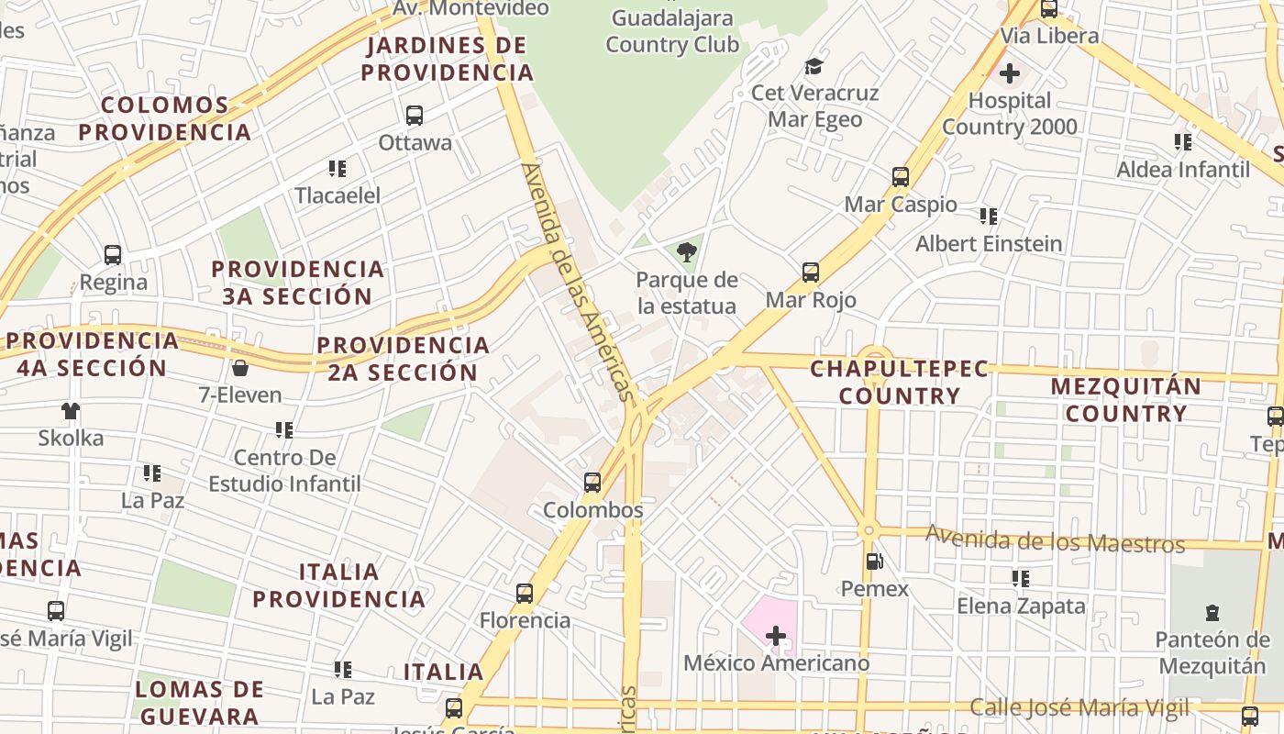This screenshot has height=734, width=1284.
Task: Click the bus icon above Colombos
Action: (592, 482)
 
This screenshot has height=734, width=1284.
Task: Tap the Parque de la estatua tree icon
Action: (686, 252)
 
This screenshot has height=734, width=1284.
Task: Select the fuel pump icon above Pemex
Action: (874, 561)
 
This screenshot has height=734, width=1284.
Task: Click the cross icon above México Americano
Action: (776, 634)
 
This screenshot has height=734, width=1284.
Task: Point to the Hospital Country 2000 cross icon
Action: (1010, 72)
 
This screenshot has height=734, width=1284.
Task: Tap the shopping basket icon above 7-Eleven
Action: (240, 368)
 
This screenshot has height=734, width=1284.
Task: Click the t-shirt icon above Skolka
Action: (71, 410)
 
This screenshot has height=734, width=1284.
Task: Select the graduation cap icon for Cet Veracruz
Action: (814, 66)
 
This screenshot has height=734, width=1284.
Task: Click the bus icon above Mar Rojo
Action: (811, 272)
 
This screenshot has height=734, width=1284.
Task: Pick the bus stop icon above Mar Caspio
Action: (901, 176)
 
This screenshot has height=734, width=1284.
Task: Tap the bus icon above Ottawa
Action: (415, 115)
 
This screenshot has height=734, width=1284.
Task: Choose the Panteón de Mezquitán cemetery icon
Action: (1212, 612)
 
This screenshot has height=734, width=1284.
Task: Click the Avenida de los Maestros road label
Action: (1055, 539)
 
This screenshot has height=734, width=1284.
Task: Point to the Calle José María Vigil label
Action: (1079, 707)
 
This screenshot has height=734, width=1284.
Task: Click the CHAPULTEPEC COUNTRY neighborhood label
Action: (900, 383)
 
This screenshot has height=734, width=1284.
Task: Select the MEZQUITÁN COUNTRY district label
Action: (1126, 400)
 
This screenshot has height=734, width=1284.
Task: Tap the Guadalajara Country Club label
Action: (672, 31)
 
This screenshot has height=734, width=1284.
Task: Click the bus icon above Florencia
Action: (525, 593)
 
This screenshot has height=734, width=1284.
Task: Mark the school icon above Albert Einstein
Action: (988, 216)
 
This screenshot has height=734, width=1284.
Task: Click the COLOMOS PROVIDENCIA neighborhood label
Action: (164, 118)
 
